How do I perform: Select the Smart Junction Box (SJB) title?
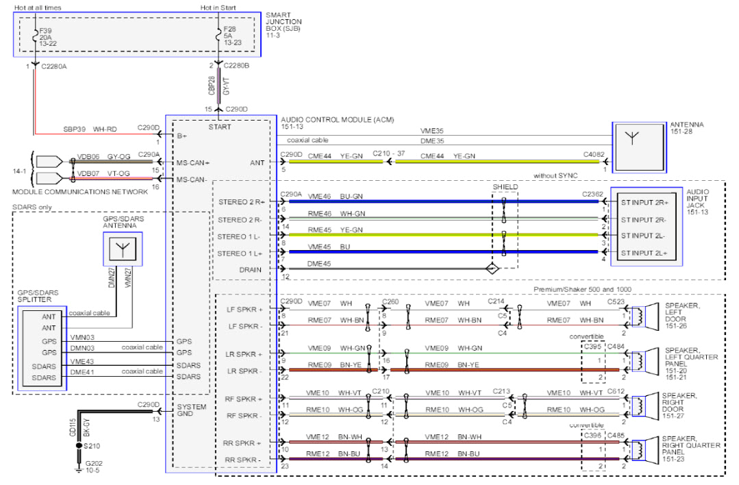[x=284, y=23]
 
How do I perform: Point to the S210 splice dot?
[x=77, y=445]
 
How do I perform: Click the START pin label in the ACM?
[x=219, y=127]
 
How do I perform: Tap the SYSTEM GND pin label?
[x=191, y=410]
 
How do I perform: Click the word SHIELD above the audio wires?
[x=505, y=186]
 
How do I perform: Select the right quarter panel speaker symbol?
[x=636, y=451]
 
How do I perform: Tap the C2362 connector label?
[x=594, y=195]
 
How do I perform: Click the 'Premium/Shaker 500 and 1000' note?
[x=581, y=290]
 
